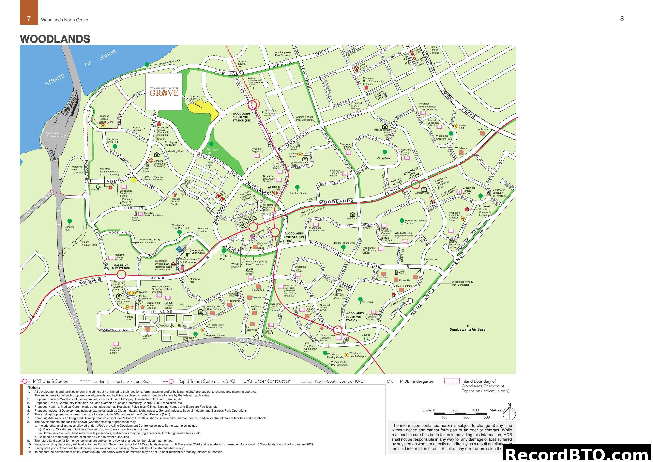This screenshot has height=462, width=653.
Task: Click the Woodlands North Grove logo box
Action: pyautogui.click(x=164, y=91)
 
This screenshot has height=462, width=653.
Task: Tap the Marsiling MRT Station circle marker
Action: pyautogui.click(x=121, y=274)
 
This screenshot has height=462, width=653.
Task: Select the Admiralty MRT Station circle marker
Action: pyautogui.click(x=415, y=184)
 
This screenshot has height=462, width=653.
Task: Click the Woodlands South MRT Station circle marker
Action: pyautogui.click(x=337, y=330)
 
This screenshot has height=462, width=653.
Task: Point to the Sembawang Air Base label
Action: pyautogui.click(x=467, y=329)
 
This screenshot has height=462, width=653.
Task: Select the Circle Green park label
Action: pyautogui.click(x=384, y=158)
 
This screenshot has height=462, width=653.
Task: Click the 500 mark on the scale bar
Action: pyautogui.click(x=487, y=417)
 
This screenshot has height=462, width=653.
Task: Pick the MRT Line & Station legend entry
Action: pyautogui.click(x=44, y=381)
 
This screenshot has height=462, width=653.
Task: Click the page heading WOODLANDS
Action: pyautogui.click(x=55, y=39)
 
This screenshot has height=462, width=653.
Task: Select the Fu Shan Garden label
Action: pyautogui.click(x=299, y=193)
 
